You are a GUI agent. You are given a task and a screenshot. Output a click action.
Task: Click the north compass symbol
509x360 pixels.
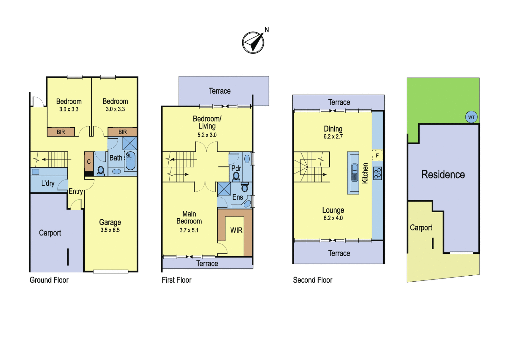(253, 43)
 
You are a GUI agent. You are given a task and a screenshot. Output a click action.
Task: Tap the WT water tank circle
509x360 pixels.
(471, 117)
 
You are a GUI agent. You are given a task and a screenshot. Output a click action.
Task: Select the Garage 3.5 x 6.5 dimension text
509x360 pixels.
(110, 230)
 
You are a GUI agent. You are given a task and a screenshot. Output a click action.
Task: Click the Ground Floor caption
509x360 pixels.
(49, 280)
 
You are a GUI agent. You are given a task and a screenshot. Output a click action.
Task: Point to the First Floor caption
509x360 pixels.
(177, 280)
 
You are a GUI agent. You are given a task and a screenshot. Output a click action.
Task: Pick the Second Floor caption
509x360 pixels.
(313, 280)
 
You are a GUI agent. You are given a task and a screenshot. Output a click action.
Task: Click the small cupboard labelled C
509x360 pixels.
(89, 162)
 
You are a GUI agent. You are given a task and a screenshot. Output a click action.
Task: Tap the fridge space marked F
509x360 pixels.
(377, 156)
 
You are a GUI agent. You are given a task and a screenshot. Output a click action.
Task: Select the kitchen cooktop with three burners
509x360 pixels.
(378, 173)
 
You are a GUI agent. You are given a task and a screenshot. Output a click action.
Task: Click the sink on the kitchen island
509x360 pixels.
(354, 173)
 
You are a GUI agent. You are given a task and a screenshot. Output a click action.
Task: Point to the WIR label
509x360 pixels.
(236, 230)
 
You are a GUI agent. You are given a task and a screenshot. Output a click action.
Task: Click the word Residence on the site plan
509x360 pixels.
(443, 175)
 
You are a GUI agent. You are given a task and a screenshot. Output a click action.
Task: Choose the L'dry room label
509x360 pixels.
(48, 183)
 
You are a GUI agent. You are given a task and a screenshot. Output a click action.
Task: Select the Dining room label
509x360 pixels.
(333, 129)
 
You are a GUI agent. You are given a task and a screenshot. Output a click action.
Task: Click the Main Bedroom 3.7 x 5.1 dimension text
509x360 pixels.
(189, 230)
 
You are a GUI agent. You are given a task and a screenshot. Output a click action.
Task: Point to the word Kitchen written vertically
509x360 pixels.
(365, 173)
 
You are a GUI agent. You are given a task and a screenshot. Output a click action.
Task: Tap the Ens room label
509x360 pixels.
(237, 197)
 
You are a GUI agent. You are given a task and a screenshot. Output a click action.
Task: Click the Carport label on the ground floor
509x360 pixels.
(50, 233)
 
